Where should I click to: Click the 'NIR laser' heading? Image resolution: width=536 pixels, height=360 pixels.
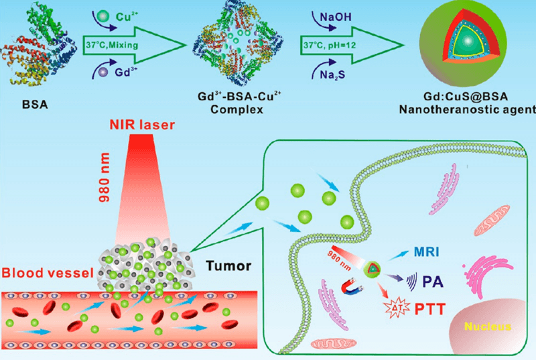coord(146,128)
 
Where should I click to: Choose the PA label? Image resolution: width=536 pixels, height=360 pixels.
coord(427,282)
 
